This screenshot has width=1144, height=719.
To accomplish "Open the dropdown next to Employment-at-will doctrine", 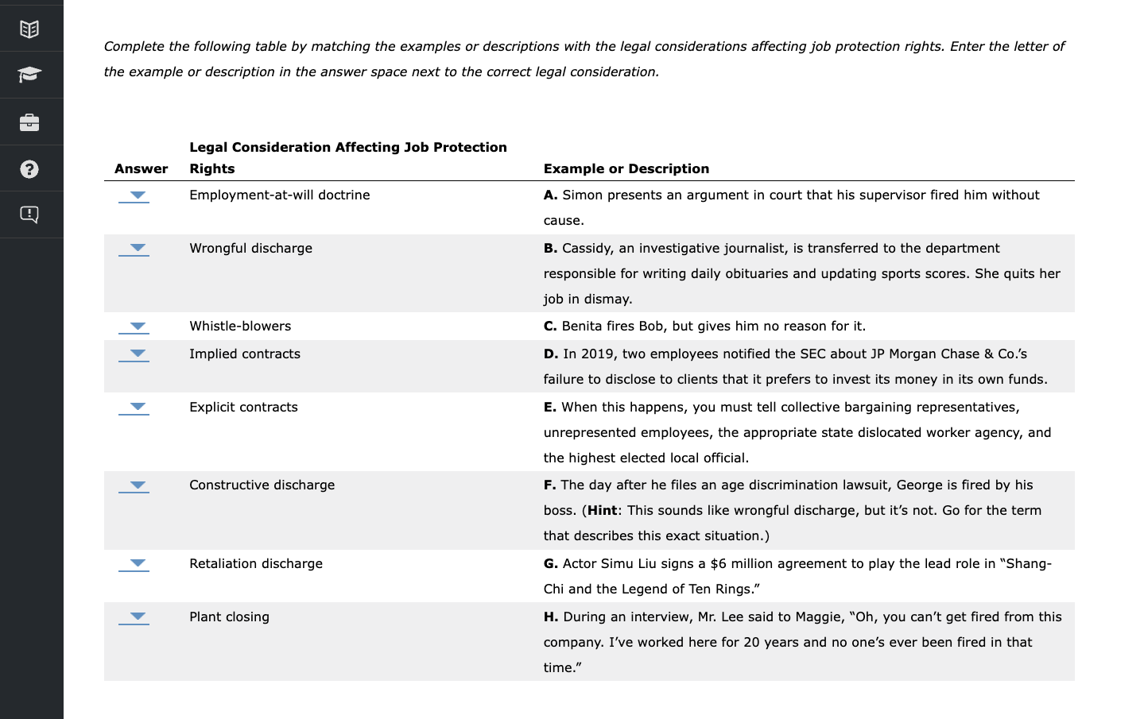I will point(134,196).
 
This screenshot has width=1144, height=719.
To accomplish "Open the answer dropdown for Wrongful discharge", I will point(134,249).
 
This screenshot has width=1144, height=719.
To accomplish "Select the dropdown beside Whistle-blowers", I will point(134,327).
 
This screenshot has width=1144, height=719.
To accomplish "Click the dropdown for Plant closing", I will point(134,618).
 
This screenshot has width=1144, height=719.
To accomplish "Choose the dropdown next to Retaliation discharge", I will point(134,565).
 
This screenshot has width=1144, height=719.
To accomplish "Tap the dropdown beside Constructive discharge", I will point(134,486).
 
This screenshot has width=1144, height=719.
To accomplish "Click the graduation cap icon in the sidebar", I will point(29,75).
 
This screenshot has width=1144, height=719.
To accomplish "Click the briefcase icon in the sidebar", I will point(29,122).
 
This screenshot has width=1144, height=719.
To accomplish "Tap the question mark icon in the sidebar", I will point(29,169).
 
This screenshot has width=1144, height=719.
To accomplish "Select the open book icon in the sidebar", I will point(29,29).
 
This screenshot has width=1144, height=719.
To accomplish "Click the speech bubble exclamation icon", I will point(29,215).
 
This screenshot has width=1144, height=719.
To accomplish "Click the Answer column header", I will point(141,168).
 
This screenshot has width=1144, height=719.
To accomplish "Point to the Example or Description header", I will point(626,168).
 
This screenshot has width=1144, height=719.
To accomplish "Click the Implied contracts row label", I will point(244,354).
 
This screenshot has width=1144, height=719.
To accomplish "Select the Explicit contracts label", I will point(243,407).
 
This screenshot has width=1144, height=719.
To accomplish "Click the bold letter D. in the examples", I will point(551,354).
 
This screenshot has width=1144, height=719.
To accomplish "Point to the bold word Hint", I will point(602,510).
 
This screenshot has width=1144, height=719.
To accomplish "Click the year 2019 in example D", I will point(597,354).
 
